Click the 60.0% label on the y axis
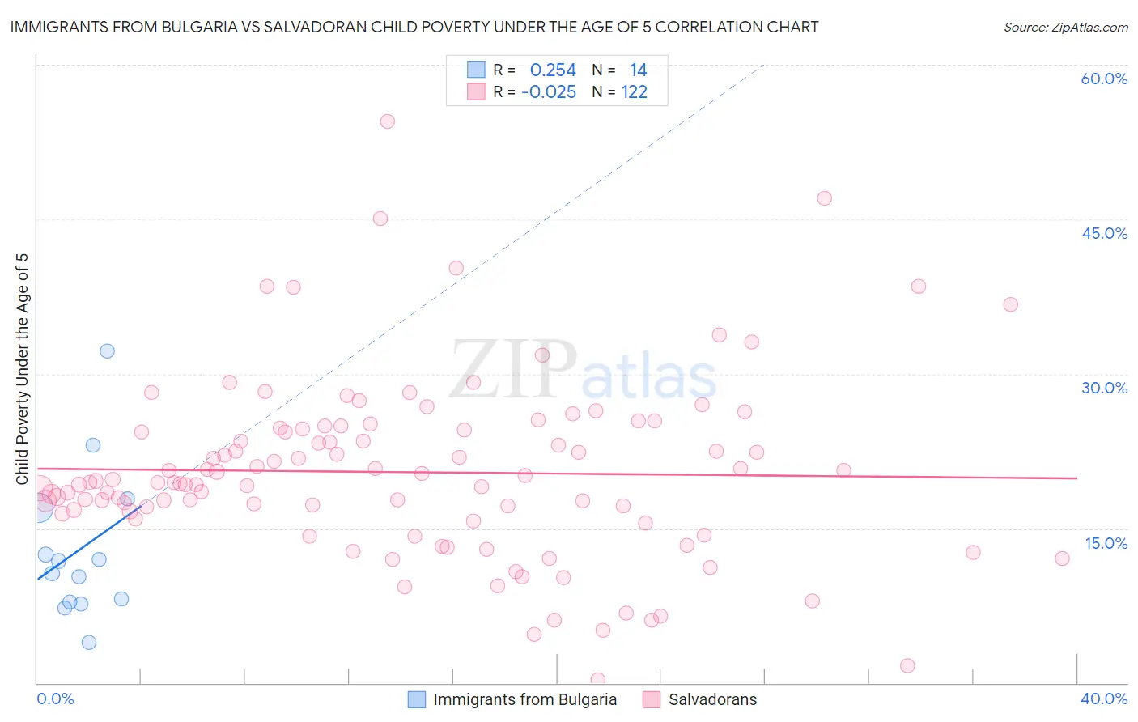pos(1104,79)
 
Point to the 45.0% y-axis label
pos(1104,233)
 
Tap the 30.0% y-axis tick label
pos(1104,388)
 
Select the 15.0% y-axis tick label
pos(1106,543)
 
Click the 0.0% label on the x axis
pos(55,699)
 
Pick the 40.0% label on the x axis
pos(1104,699)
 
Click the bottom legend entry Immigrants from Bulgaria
pos(524,699)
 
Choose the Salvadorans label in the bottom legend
pos(712,699)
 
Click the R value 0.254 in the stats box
pos(553,70)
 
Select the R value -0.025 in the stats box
pos(549,92)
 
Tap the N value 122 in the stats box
pos(635,92)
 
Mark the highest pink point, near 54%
pos(387,121)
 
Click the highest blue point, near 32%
pos(107,351)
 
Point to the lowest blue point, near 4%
pos(89,643)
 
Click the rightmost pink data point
pos(1062,558)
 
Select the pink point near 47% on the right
pos(824,198)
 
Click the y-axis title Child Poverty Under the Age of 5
pos(22,368)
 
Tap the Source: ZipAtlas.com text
pos(1065,28)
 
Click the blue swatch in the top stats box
pos(476,70)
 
